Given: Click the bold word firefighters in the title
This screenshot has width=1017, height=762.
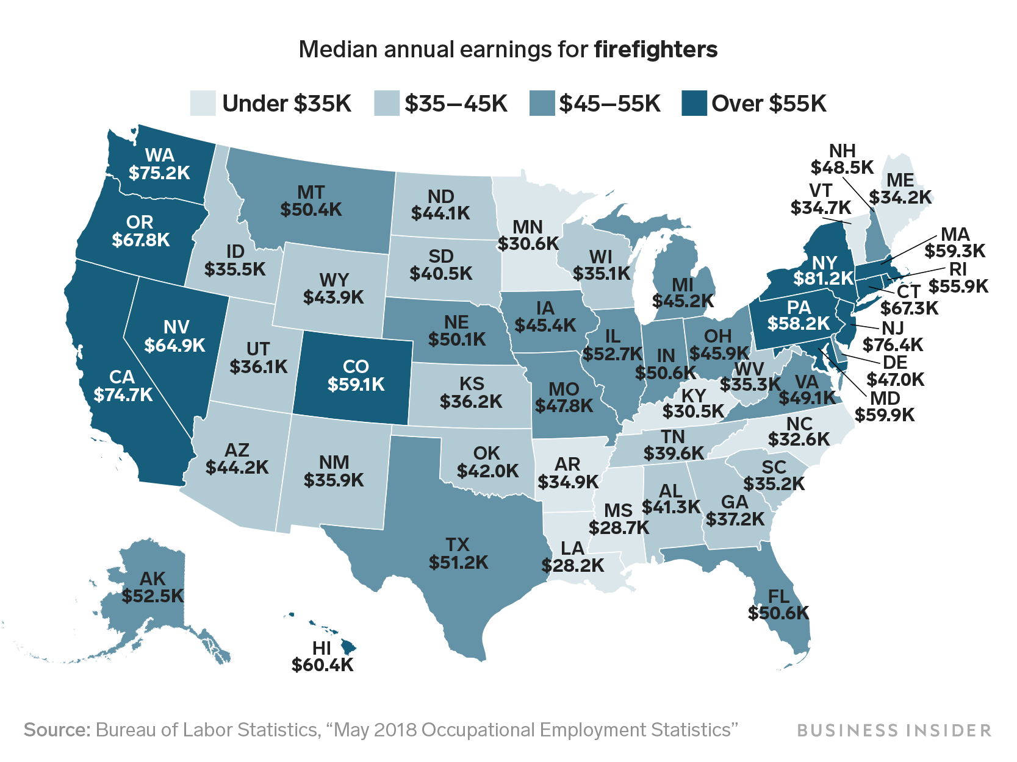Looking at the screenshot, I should tap(656, 49).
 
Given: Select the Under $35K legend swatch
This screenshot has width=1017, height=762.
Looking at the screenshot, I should tap(203, 103).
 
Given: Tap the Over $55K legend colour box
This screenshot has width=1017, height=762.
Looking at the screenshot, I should tap(694, 103).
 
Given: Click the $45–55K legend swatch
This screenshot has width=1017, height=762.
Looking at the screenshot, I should tap(541, 103).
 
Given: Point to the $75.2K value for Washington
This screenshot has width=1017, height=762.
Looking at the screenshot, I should tap(159, 173).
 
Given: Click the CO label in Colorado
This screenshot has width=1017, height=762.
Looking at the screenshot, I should tap(356, 366).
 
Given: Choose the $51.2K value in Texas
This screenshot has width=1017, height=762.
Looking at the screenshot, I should tap(458, 562).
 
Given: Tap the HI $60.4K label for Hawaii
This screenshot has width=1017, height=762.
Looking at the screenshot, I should tap(322, 657).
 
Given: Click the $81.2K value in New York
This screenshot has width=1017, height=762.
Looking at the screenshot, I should tap(824, 279).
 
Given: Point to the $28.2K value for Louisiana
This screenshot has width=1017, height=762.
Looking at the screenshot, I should tap(572, 566).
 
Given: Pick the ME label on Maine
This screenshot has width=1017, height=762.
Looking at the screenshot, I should tap(900, 180).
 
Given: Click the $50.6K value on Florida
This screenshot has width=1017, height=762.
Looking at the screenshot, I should tap(778, 613).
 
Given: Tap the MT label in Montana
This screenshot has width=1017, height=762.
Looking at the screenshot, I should tap(311, 193).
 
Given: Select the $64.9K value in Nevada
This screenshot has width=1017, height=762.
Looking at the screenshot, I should tap(175, 346).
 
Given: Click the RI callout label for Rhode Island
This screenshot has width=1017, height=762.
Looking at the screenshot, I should tap(957, 269).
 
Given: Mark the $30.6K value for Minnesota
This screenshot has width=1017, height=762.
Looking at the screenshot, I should tap(528, 244).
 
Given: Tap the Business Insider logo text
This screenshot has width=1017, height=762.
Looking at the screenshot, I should tap(894, 730).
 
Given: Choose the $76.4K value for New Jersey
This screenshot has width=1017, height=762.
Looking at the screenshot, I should tap(893, 344).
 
